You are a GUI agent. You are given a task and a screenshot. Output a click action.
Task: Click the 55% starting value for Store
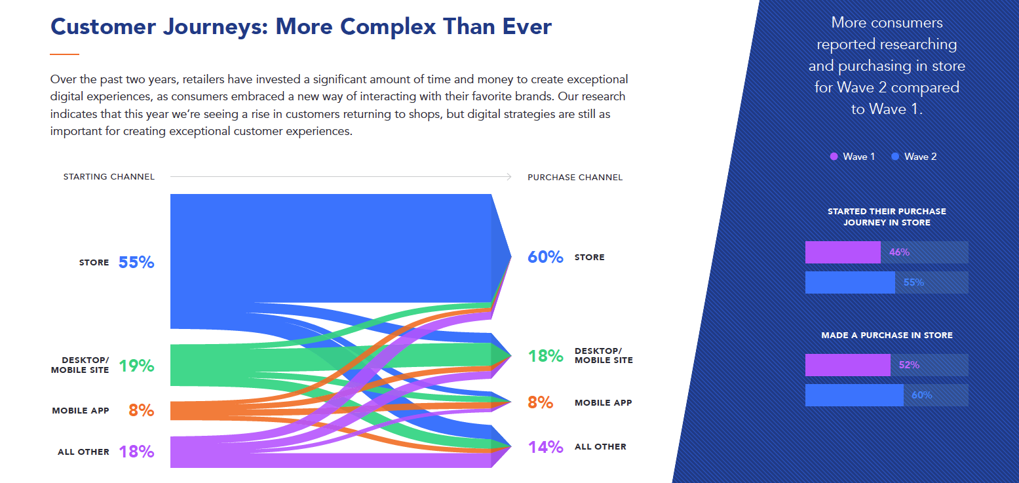click(136, 262)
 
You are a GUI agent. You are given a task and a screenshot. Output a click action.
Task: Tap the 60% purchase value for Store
click(545, 257)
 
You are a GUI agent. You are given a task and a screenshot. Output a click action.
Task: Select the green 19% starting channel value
click(136, 366)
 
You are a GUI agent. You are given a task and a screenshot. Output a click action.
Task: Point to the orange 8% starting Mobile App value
click(141, 410)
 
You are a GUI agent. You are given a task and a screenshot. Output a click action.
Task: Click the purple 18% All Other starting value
click(136, 452)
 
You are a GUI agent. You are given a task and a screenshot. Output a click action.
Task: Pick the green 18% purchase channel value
click(545, 356)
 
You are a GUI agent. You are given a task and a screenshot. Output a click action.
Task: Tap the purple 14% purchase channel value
click(545, 447)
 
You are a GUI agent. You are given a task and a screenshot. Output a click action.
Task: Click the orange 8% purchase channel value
click(541, 402)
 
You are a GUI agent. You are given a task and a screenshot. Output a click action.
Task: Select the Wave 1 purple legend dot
click(834, 157)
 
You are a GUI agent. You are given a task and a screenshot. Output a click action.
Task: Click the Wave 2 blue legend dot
click(895, 157)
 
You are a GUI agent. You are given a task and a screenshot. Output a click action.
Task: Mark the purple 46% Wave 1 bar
click(843, 252)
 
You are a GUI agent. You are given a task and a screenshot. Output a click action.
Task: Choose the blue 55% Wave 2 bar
click(850, 282)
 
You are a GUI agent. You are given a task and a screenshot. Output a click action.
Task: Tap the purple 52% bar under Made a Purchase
click(847, 365)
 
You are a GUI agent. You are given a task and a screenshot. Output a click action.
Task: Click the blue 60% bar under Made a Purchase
click(855, 395)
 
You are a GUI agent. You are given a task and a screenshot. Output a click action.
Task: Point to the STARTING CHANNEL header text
click(109, 176)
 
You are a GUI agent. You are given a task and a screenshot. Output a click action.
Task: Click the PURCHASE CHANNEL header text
click(575, 178)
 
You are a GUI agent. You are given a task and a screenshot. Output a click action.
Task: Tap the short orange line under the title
click(65, 54)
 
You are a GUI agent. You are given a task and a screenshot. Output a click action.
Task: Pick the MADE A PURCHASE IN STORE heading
click(887, 335)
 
